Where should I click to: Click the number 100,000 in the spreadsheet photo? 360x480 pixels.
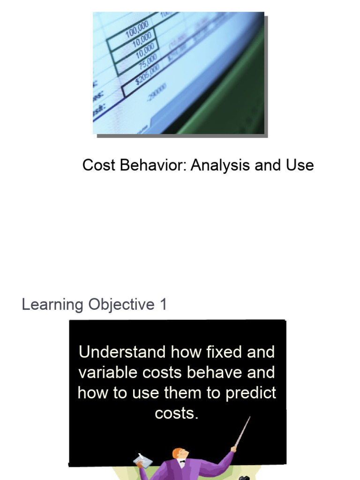(x=137, y=29)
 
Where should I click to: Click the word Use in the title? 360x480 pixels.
(x=300, y=165)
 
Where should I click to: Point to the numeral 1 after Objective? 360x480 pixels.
(x=163, y=305)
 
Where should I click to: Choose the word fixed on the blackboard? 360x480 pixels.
(x=219, y=352)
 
